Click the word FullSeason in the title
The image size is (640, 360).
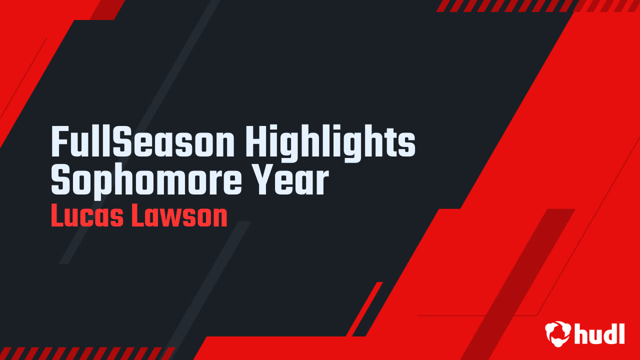pos(142,141)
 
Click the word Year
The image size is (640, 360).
pos(291,181)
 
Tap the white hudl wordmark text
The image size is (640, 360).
pos(599,333)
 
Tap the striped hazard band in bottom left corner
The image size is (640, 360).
pos(87,353)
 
